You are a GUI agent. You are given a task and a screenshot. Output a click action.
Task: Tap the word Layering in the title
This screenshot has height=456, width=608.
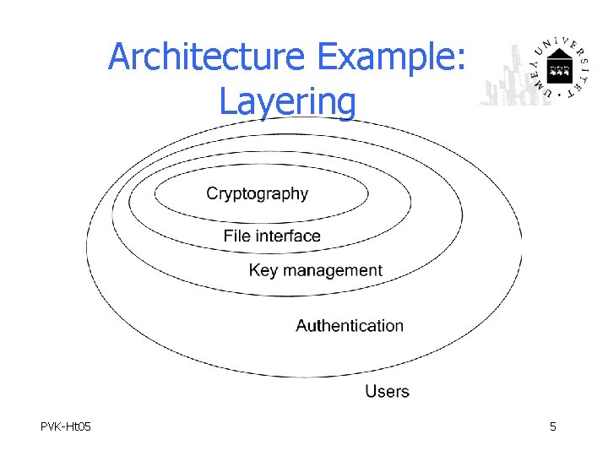tap(287, 102)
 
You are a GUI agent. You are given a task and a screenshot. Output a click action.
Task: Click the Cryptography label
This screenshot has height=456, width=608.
tap(258, 194)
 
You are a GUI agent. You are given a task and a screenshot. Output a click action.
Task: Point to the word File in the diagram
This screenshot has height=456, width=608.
tap(237, 236)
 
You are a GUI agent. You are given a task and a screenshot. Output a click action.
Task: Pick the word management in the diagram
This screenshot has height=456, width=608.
tap(333, 271)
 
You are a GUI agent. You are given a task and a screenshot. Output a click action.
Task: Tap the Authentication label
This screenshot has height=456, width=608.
tap(350, 326)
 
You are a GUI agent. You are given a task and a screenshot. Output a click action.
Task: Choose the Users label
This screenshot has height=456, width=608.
tap(387, 391)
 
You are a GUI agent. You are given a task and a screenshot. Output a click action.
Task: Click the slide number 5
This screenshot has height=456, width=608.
tap(553, 427)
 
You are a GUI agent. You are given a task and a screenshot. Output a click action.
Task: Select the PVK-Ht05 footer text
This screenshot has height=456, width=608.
tap(66, 427)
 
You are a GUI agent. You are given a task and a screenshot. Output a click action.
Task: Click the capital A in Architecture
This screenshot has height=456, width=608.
tap(120, 58)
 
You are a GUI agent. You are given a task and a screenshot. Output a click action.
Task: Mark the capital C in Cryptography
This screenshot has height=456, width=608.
tap(213, 194)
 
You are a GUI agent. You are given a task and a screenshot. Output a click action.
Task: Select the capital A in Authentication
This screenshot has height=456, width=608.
tap(302, 326)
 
